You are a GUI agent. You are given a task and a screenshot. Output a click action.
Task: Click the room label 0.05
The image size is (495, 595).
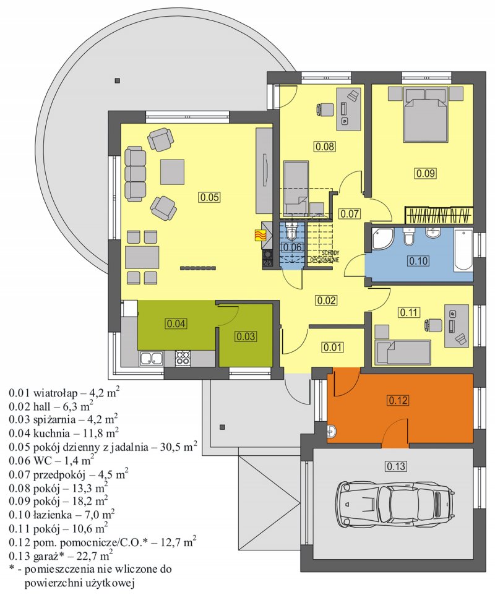tap(210, 197)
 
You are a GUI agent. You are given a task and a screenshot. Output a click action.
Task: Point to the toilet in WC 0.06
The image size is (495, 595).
tap(291, 231)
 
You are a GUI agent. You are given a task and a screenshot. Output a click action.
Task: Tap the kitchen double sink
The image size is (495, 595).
tap(152, 358)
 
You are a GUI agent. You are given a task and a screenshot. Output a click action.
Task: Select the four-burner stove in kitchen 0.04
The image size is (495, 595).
tap(183, 358)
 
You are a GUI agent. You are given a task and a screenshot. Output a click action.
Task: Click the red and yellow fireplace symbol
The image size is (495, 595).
tap(260, 236)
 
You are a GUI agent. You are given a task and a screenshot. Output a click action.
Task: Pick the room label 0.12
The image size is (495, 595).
tap(398, 400)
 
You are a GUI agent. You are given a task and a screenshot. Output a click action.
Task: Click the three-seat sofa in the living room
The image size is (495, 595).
tap(135, 174)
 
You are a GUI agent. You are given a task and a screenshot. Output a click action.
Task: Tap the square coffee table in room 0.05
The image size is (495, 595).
tap(173, 171)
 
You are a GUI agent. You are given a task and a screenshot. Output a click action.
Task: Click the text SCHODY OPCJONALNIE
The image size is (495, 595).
tap(325, 257)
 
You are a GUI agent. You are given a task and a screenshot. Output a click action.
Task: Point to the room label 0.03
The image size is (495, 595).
tap(246, 336)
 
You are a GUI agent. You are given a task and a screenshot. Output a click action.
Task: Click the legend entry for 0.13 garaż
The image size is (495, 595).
tap(61, 556)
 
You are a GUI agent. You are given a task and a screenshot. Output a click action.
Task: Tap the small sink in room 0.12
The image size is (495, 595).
tap(331, 430)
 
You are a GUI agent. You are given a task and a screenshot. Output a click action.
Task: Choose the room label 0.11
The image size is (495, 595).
tap(409, 312)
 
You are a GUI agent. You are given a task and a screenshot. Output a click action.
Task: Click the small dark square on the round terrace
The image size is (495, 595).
tap(118, 80)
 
